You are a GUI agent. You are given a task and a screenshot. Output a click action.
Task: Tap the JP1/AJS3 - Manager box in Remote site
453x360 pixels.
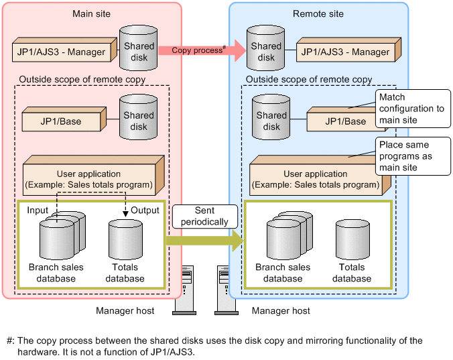346,52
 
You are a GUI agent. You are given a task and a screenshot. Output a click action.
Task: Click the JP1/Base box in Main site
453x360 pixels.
60,121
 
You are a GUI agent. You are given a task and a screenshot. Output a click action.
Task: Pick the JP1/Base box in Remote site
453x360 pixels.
346,121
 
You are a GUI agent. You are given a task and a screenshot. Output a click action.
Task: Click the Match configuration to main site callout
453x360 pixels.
411,109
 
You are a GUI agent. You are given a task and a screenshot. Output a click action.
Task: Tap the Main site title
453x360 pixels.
92,13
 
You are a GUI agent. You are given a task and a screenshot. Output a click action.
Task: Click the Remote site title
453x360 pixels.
318,13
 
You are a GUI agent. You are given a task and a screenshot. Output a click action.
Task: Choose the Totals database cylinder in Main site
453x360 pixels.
125,239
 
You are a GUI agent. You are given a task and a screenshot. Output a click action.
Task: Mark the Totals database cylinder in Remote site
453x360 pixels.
352,239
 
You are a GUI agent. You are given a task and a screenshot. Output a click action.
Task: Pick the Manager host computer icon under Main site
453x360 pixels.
185,289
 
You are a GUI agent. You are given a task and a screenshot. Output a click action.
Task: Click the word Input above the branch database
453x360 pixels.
38,211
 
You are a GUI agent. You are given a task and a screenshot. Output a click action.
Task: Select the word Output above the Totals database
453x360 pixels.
145,211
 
